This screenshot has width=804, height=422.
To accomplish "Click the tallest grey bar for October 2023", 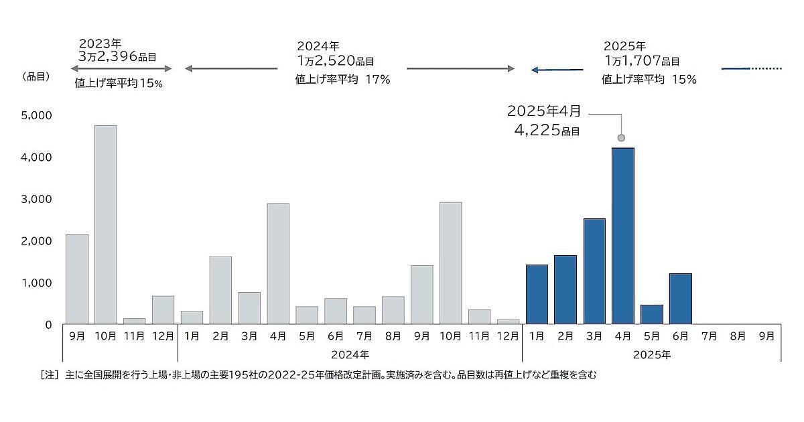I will (x=105, y=224).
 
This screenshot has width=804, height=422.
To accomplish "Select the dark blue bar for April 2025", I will (x=623, y=236).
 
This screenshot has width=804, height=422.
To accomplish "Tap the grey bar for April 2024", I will (x=278, y=263).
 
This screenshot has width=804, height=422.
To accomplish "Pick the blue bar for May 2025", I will (x=652, y=314).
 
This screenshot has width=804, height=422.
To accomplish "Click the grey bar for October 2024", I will (x=450, y=263).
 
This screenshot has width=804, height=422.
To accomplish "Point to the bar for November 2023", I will (x=134, y=321).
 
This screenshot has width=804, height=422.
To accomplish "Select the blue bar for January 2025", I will (x=537, y=294).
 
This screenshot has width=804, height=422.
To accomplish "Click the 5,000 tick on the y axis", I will (x=36, y=116).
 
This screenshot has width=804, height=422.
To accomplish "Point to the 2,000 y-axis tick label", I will (x=36, y=241).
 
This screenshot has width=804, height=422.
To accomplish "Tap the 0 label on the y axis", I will (x=48, y=325).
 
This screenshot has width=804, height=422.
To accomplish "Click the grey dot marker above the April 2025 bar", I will (x=621, y=138).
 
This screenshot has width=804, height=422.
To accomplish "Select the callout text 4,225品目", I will (x=547, y=129).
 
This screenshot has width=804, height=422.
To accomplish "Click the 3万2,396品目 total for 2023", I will (x=117, y=58).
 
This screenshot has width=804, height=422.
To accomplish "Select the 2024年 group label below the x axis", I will (x=350, y=352).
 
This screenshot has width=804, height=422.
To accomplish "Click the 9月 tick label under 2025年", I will (x=766, y=334).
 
